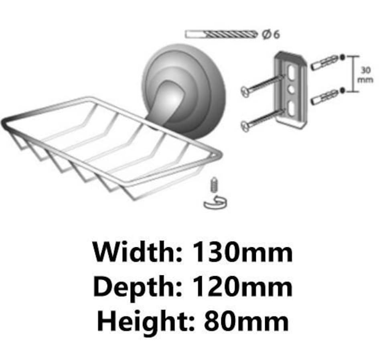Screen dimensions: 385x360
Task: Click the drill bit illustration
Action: click(222, 34)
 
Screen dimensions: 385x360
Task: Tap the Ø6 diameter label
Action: click(271, 34)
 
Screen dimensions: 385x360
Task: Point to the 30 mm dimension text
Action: click(365, 75)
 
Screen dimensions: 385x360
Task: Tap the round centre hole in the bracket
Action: click(291, 89)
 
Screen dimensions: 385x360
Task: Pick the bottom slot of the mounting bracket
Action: click(292, 108)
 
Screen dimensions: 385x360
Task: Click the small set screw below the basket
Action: click(214, 184)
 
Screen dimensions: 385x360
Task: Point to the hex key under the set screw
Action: click(215, 203)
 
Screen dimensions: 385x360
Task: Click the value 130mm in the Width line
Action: click(243, 252)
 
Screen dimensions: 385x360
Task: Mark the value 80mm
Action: click(247, 321)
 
